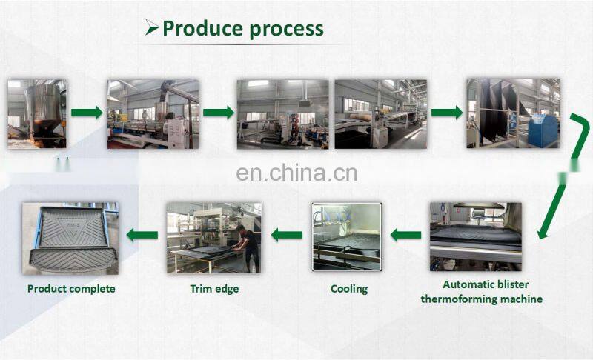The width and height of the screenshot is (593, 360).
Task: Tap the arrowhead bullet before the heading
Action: coord(152,29)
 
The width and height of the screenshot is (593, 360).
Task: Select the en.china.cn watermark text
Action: coord(296,173)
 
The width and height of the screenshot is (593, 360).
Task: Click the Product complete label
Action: coord(71,288)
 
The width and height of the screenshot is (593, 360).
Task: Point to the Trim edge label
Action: coord(214,288)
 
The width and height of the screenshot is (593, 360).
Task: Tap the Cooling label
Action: coord(349,288)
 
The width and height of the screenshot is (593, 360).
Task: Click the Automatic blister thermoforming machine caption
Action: coord(482,291)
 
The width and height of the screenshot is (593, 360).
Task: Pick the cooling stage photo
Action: coord(346,236)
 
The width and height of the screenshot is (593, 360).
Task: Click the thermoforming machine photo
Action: coord(475,236)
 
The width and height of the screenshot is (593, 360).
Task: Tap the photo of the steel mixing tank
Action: coord(36,113)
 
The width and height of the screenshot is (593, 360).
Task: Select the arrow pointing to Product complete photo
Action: coord(142,235)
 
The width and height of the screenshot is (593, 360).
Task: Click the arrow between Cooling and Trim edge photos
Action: coord(286,235)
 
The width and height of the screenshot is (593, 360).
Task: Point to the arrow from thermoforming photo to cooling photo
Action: coord(405,236)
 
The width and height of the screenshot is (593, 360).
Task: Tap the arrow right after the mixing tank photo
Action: coord(87,113)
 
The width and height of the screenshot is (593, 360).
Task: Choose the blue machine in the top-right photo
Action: coord(546,123)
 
